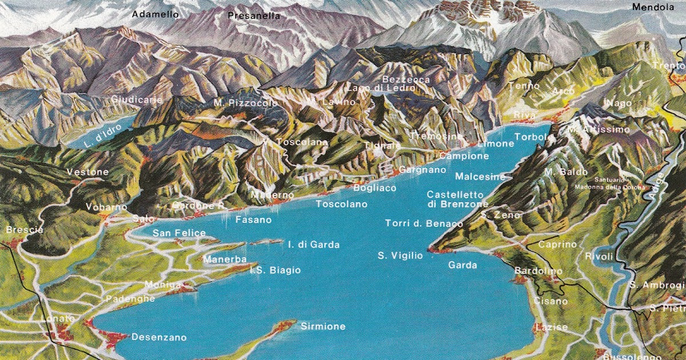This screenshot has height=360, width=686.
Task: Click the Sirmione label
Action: (x=323, y=326)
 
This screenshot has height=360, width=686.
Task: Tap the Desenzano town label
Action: (x=159, y=337)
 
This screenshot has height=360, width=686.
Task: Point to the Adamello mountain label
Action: (x=155, y=14)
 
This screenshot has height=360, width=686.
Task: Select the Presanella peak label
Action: (x=254, y=16)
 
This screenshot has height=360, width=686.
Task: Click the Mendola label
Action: (x=653, y=7)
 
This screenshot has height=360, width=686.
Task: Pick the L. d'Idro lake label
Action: (x=96, y=138)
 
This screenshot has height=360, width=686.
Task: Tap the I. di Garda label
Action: (x=314, y=245)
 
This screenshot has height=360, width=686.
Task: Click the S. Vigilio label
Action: (x=401, y=255)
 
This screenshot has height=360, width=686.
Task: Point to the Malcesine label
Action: (x=480, y=177)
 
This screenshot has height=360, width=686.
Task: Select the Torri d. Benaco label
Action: (x=424, y=223)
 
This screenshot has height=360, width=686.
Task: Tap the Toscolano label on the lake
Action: (x=342, y=203)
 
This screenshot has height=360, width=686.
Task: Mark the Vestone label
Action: (x=87, y=172)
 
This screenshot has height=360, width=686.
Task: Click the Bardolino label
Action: (x=539, y=271)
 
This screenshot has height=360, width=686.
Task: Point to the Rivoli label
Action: (x=599, y=256)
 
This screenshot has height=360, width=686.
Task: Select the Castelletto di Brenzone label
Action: (x=457, y=199)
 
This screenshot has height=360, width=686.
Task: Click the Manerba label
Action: (x=225, y=259)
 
